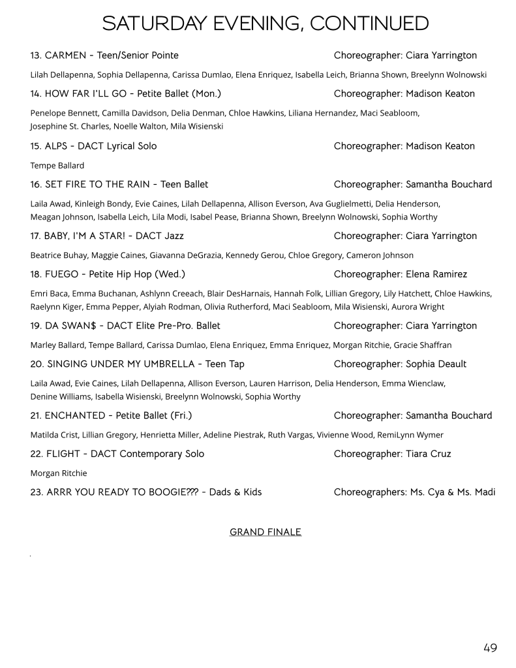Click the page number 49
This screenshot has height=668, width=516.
pyautogui.click(x=490, y=648)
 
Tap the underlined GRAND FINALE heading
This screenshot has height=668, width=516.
pyautogui.click(x=266, y=532)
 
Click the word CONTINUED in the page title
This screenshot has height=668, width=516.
pyautogui.click(x=369, y=24)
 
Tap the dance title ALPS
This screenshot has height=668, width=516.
pyautogui.click(x=58, y=146)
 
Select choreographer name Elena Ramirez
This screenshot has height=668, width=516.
pyautogui.click(x=436, y=274)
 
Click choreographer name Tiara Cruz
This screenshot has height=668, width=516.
pyautogui.click(x=428, y=454)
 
